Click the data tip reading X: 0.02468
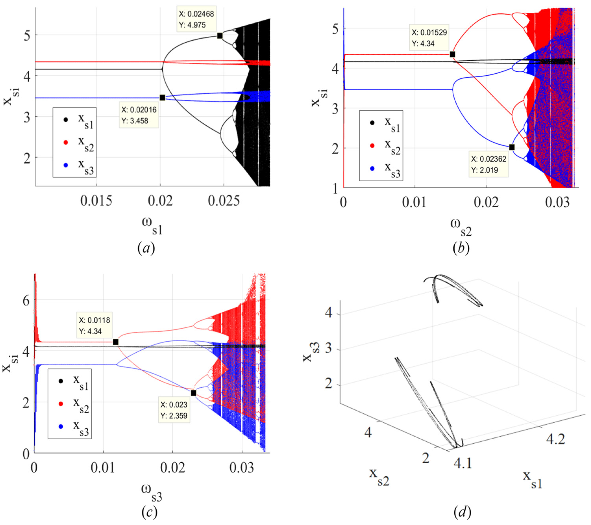click(x=196, y=19)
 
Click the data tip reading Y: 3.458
click(x=139, y=115)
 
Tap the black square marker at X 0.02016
click(x=163, y=98)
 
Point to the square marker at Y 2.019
click(x=512, y=147)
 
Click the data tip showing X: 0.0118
click(x=94, y=325)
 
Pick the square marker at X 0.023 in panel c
click(x=193, y=393)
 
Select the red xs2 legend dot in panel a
click(x=66, y=142)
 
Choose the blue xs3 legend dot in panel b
click(x=372, y=168)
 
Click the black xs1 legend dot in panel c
click(x=61, y=381)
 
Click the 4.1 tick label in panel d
click(x=463, y=463)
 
